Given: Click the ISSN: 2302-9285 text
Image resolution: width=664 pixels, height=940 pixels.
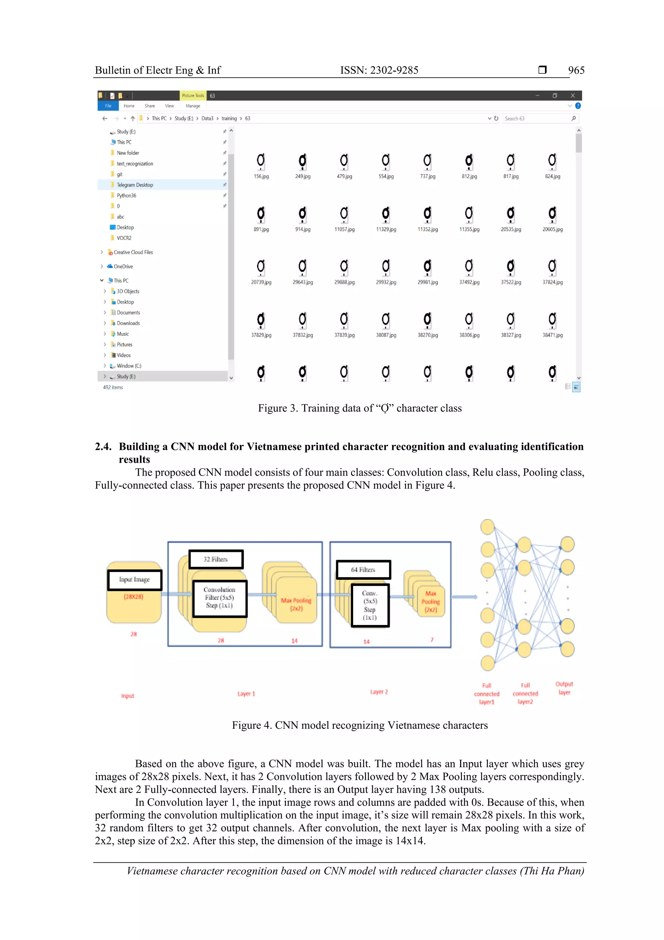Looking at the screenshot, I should click(379, 70).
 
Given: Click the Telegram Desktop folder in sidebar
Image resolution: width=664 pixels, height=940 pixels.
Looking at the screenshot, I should click(135, 185).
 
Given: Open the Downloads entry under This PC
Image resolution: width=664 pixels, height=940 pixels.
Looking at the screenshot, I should click(128, 323).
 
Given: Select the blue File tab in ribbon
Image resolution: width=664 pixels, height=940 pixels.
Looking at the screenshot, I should click(108, 106).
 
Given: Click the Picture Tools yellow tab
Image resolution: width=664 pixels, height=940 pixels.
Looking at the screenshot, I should click(193, 95).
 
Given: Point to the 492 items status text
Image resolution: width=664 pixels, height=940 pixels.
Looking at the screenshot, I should click(113, 387).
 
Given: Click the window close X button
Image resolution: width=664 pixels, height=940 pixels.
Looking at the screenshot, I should click(572, 95).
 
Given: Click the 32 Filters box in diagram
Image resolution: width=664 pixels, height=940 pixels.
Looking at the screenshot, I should click(216, 559).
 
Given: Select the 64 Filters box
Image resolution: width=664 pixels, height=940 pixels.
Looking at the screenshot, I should click(363, 569).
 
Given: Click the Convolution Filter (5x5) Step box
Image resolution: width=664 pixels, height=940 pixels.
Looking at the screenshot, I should click(220, 598).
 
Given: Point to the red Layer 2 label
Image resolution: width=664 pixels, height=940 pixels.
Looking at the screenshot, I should click(379, 692).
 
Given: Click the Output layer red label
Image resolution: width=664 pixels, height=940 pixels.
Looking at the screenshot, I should click(564, 688).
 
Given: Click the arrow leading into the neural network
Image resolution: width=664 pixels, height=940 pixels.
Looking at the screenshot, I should click(464, 597).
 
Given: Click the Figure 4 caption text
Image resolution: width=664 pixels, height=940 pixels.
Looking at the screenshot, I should click(360, 726).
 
